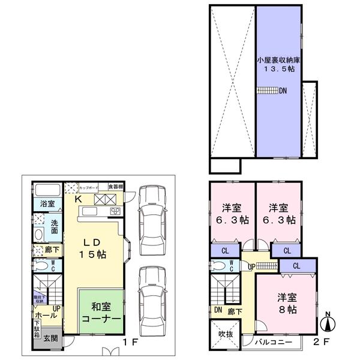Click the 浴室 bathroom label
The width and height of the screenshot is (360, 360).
pyautogui.click(x=47, y=203)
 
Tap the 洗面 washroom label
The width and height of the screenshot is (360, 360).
pyautogui.click(x=54, y=227)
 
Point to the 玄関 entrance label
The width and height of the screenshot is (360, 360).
pyautogui.click(x=50, y=339)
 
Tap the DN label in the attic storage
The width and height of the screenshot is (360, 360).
pyautogui.click(x=282, y=91)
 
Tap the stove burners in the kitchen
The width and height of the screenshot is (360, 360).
pyautogui.click(x=114, y=211)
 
